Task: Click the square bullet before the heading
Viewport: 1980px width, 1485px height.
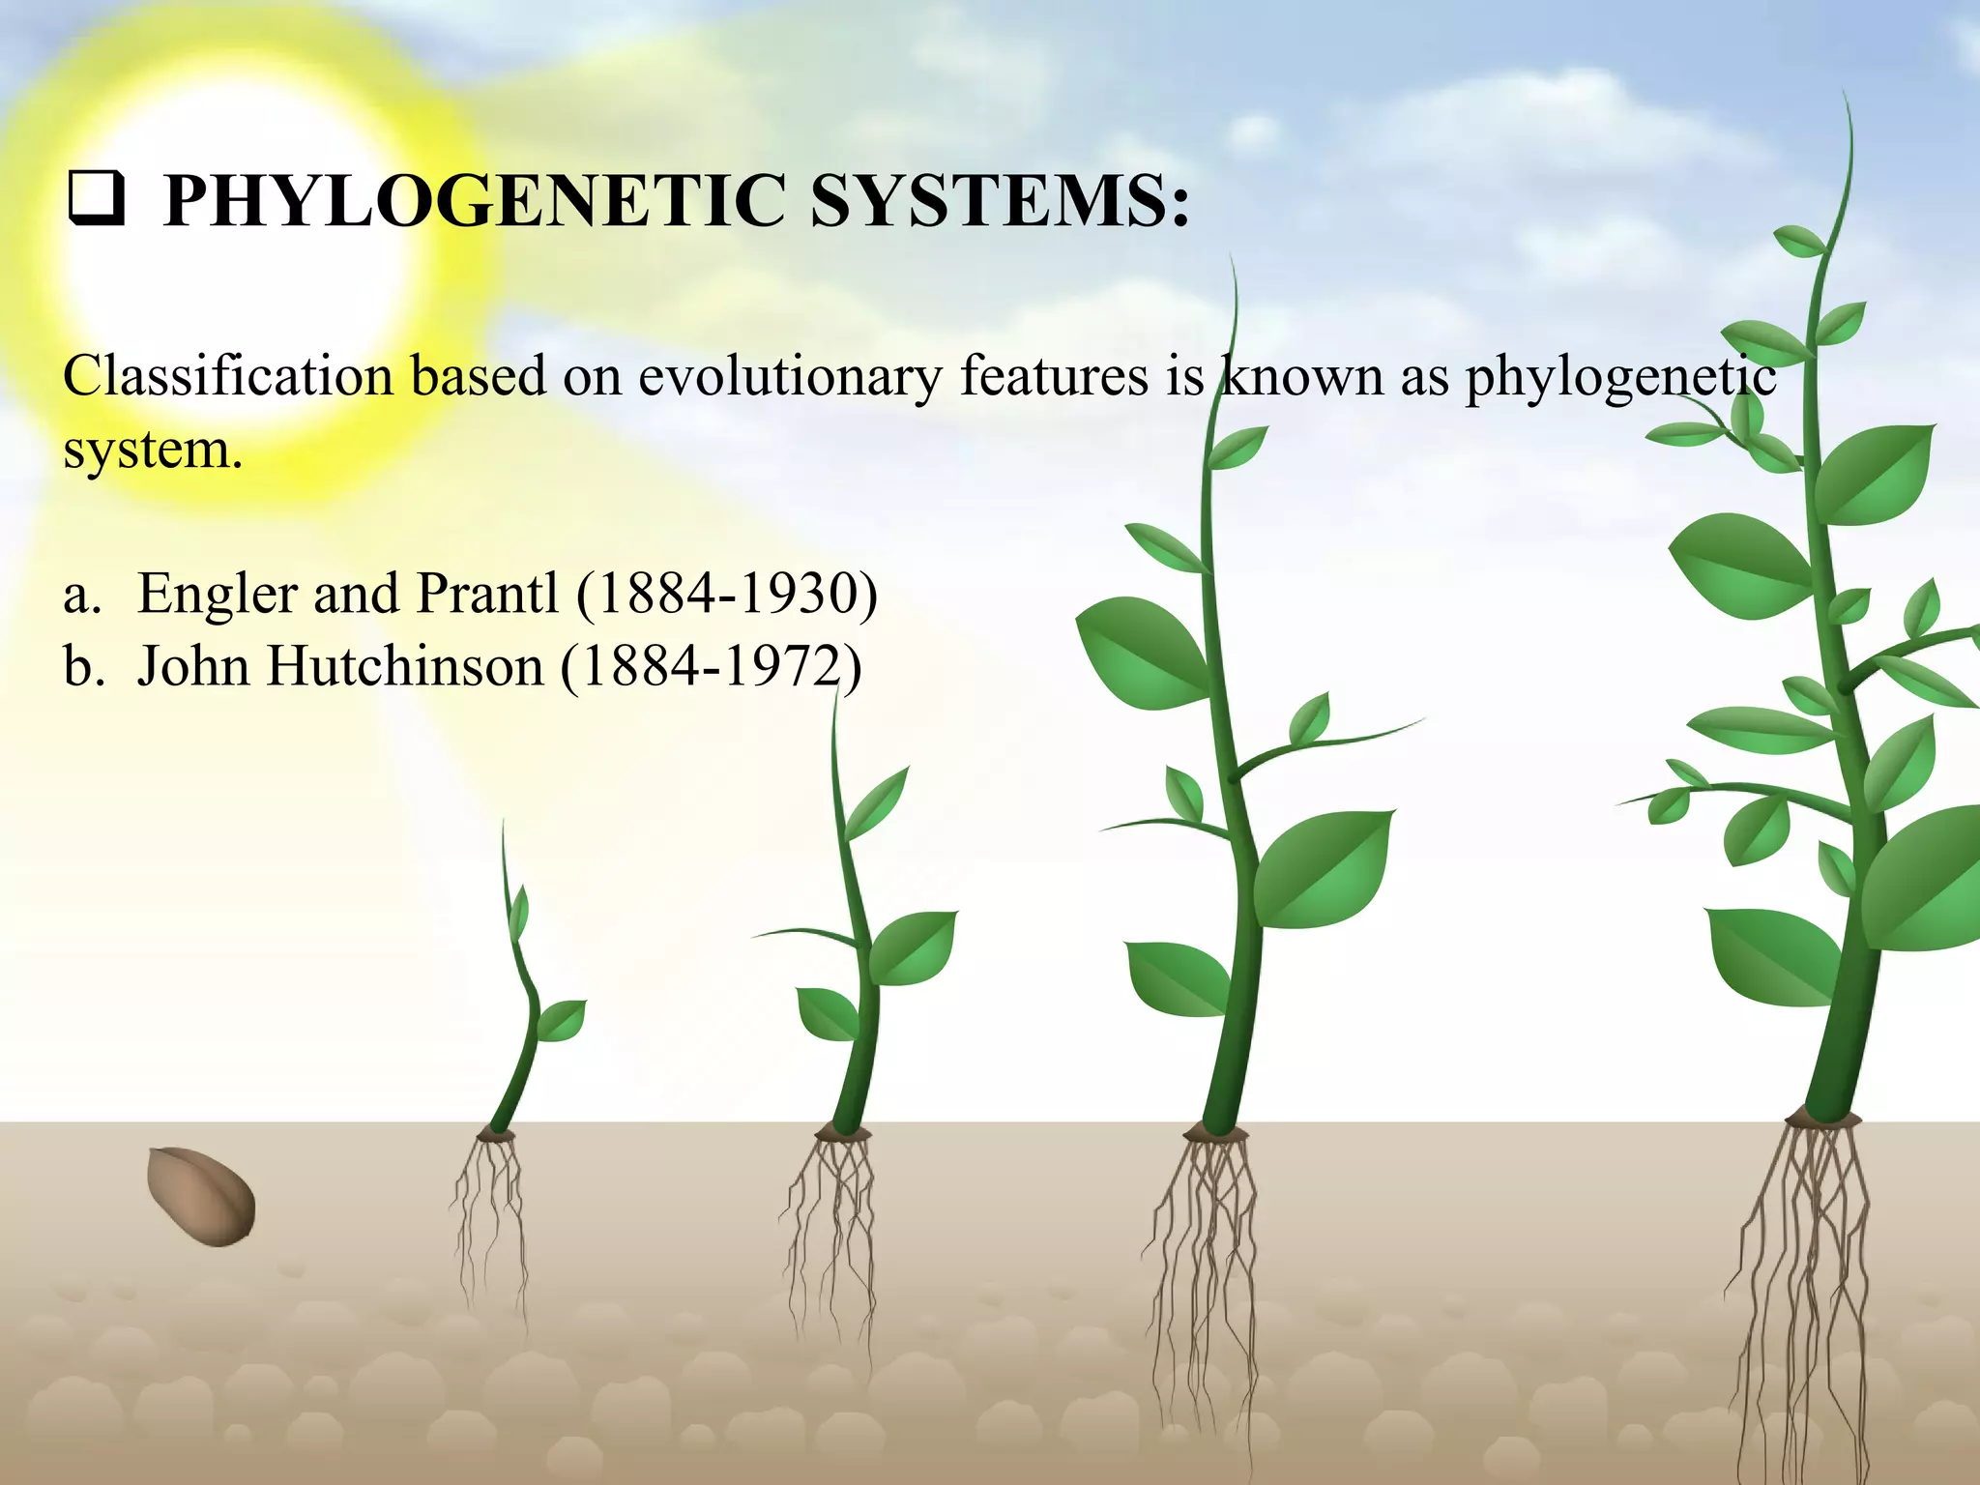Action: tap(95, 200)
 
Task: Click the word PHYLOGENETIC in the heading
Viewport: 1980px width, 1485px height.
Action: tap(474, 201)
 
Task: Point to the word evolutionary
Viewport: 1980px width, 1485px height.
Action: tap(789, 377)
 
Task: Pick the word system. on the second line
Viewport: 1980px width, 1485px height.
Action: tap(153, 451)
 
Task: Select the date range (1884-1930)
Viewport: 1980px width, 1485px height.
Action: tap(727, 594)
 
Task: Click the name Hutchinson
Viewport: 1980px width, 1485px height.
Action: tap(405, 666)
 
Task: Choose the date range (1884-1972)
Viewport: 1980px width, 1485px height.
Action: tap(711, 667)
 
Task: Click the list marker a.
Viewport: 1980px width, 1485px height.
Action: tap(81, 594)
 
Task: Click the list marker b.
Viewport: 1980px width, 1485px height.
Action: tap(83, 666)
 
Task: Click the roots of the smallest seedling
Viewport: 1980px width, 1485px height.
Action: tap(489, 1218)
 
